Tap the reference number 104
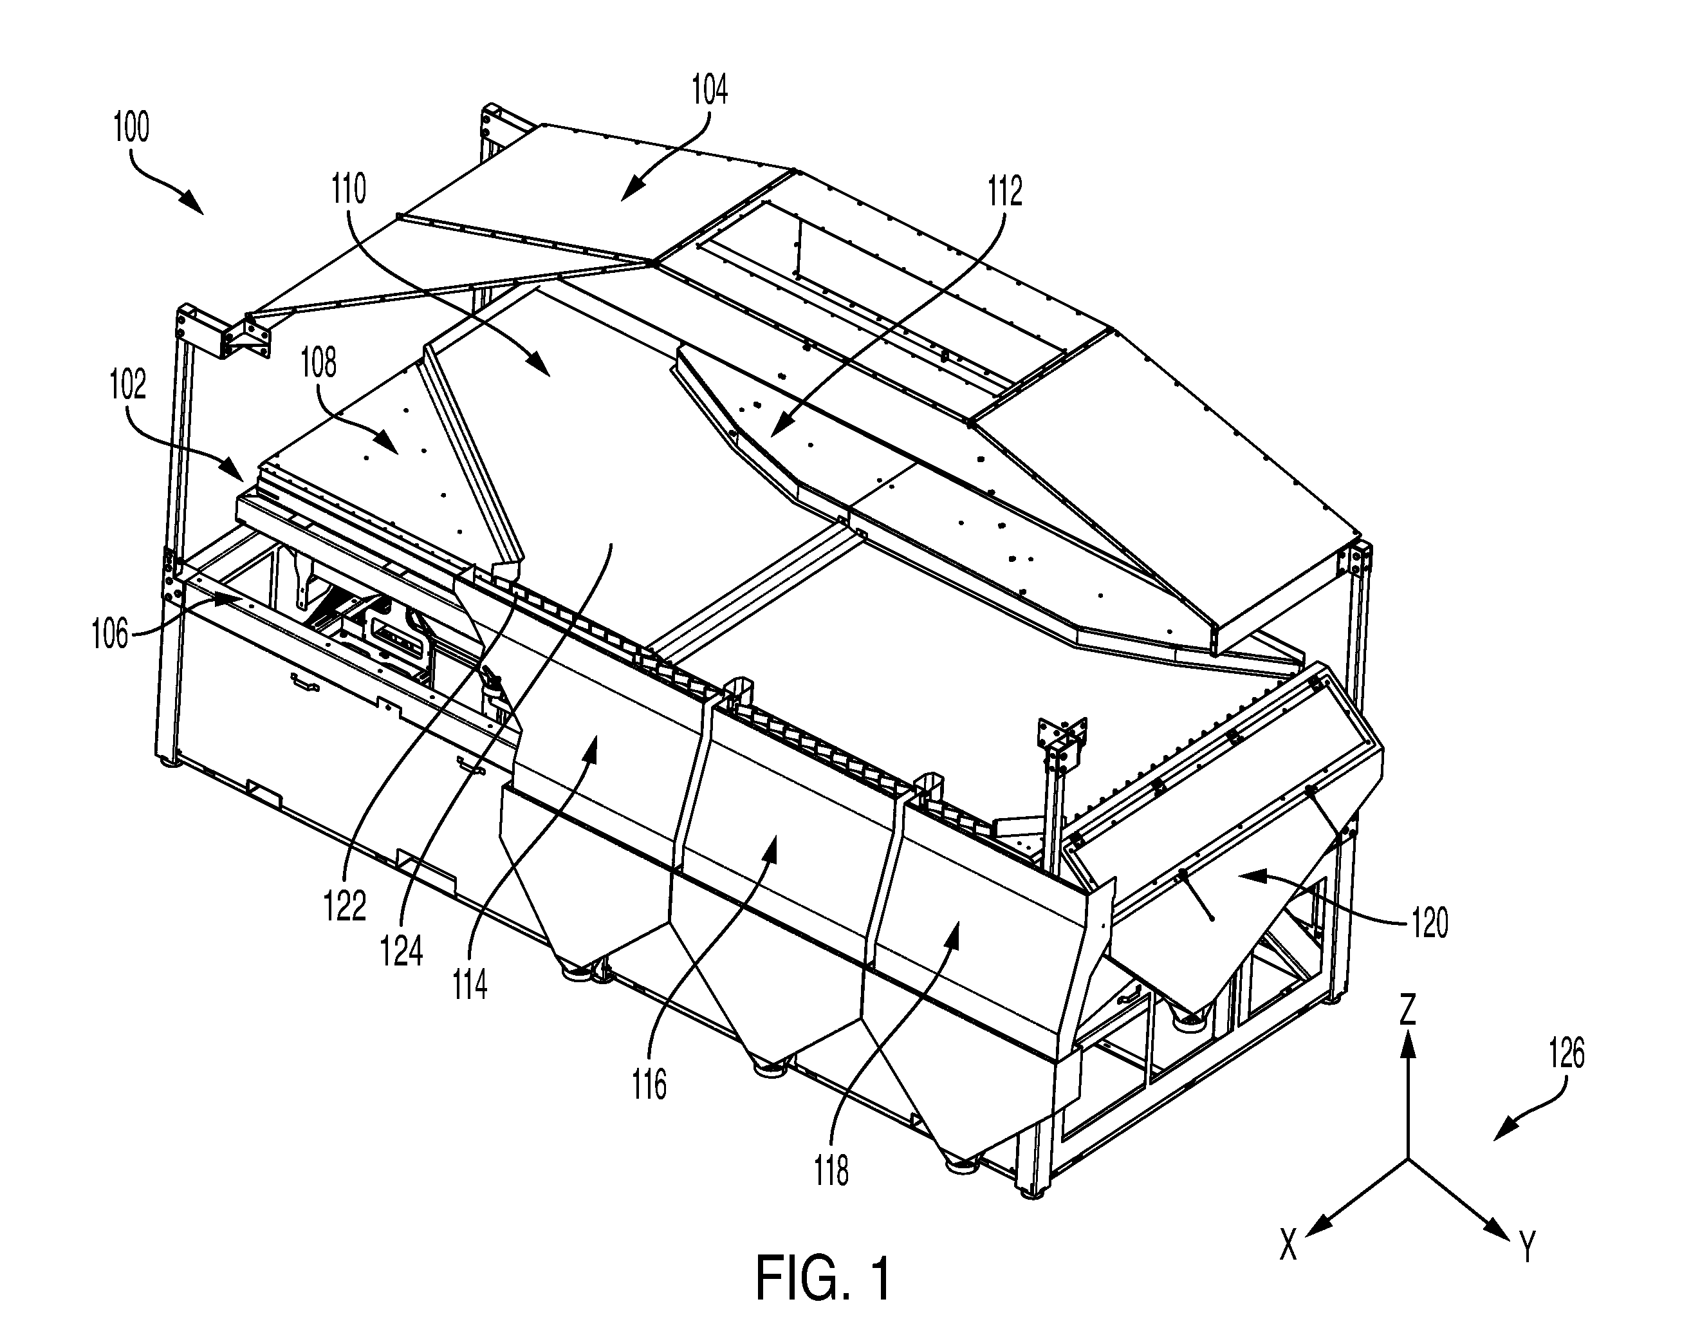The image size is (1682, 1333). coord(709,89)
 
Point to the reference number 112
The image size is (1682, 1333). coord(1004,191)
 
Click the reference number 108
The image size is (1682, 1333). coord(319,363)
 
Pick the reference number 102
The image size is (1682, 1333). coord(128,385)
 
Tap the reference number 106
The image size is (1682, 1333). coord(110,634)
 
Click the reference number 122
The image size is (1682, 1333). coord(345,906)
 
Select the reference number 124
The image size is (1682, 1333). coord(403,951)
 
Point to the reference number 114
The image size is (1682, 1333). coord(470,985)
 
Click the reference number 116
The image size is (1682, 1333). coord(650,1085)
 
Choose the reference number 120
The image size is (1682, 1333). coord(1429,922)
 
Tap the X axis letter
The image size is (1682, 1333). coord(1288,1244)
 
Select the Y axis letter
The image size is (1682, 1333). coord(1528,1246)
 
